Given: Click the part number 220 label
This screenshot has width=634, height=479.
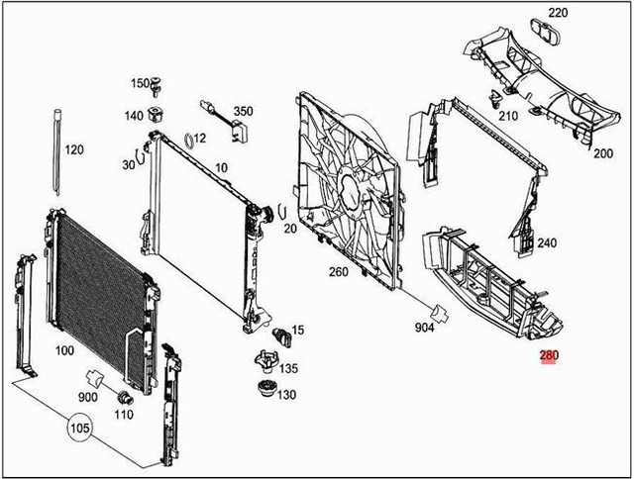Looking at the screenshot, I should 559,13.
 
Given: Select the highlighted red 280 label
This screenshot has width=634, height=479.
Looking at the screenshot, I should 548,357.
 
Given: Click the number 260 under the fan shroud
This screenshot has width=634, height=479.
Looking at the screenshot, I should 338,273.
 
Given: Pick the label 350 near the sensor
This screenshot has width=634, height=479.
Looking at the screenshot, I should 243,111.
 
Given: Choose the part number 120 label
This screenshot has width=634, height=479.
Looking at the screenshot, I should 74,150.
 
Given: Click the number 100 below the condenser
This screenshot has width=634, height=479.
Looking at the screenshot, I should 64,350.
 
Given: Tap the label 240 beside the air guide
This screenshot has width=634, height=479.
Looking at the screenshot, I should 547,242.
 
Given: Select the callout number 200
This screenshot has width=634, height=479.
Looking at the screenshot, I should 603,153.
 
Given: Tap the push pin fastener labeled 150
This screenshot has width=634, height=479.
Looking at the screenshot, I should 159,86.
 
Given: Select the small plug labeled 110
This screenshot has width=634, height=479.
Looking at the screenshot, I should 125,397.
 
